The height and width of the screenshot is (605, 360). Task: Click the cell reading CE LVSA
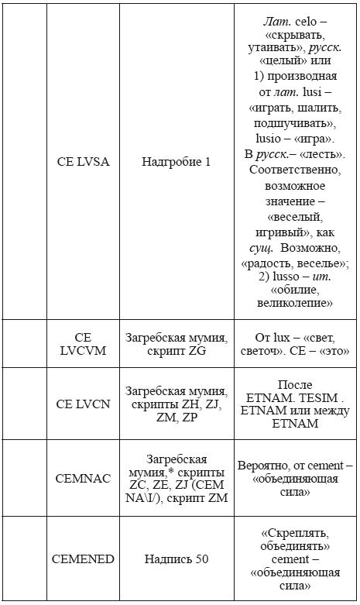(83, 163)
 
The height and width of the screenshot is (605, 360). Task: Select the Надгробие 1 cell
(176, 163)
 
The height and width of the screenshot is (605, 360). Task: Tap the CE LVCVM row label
(83, 344)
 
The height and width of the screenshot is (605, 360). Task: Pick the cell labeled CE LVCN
(83, 404)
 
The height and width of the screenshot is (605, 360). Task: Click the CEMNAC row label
(83, 479)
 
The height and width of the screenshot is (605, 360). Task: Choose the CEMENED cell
(83, 559)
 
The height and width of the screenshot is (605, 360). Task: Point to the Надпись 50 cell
(176, 559)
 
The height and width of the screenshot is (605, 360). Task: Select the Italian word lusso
(278, 276)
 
